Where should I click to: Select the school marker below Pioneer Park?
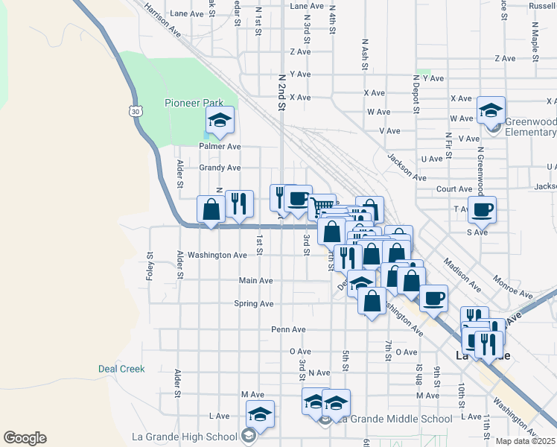(x=220, y=121)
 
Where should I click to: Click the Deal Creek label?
(x=121, y=369)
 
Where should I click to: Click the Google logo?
(x=25, y=438)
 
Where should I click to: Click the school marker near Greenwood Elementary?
(x=491, y=111)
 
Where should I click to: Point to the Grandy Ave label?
(x=220, y=168)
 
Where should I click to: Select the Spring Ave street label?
(x=254, y=304)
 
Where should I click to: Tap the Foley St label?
(x=149, y=264)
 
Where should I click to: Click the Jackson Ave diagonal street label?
(x=407, y=167)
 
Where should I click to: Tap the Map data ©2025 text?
(x=526, y=441)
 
